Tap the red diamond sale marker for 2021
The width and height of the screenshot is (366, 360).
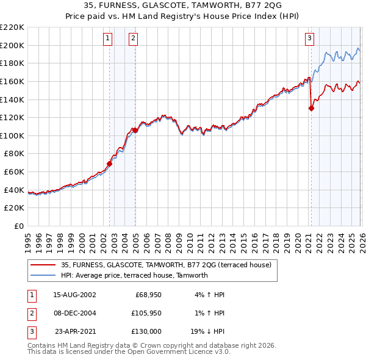[311, 109]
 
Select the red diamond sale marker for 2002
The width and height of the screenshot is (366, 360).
[110, 164]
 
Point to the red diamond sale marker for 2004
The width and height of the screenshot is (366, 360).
[135, 130]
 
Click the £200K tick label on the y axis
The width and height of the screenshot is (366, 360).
[12, 45]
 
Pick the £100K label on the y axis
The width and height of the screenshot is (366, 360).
[12, 135]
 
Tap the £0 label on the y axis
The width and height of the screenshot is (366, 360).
[19, 226]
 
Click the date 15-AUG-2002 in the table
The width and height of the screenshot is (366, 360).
[74, 295]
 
